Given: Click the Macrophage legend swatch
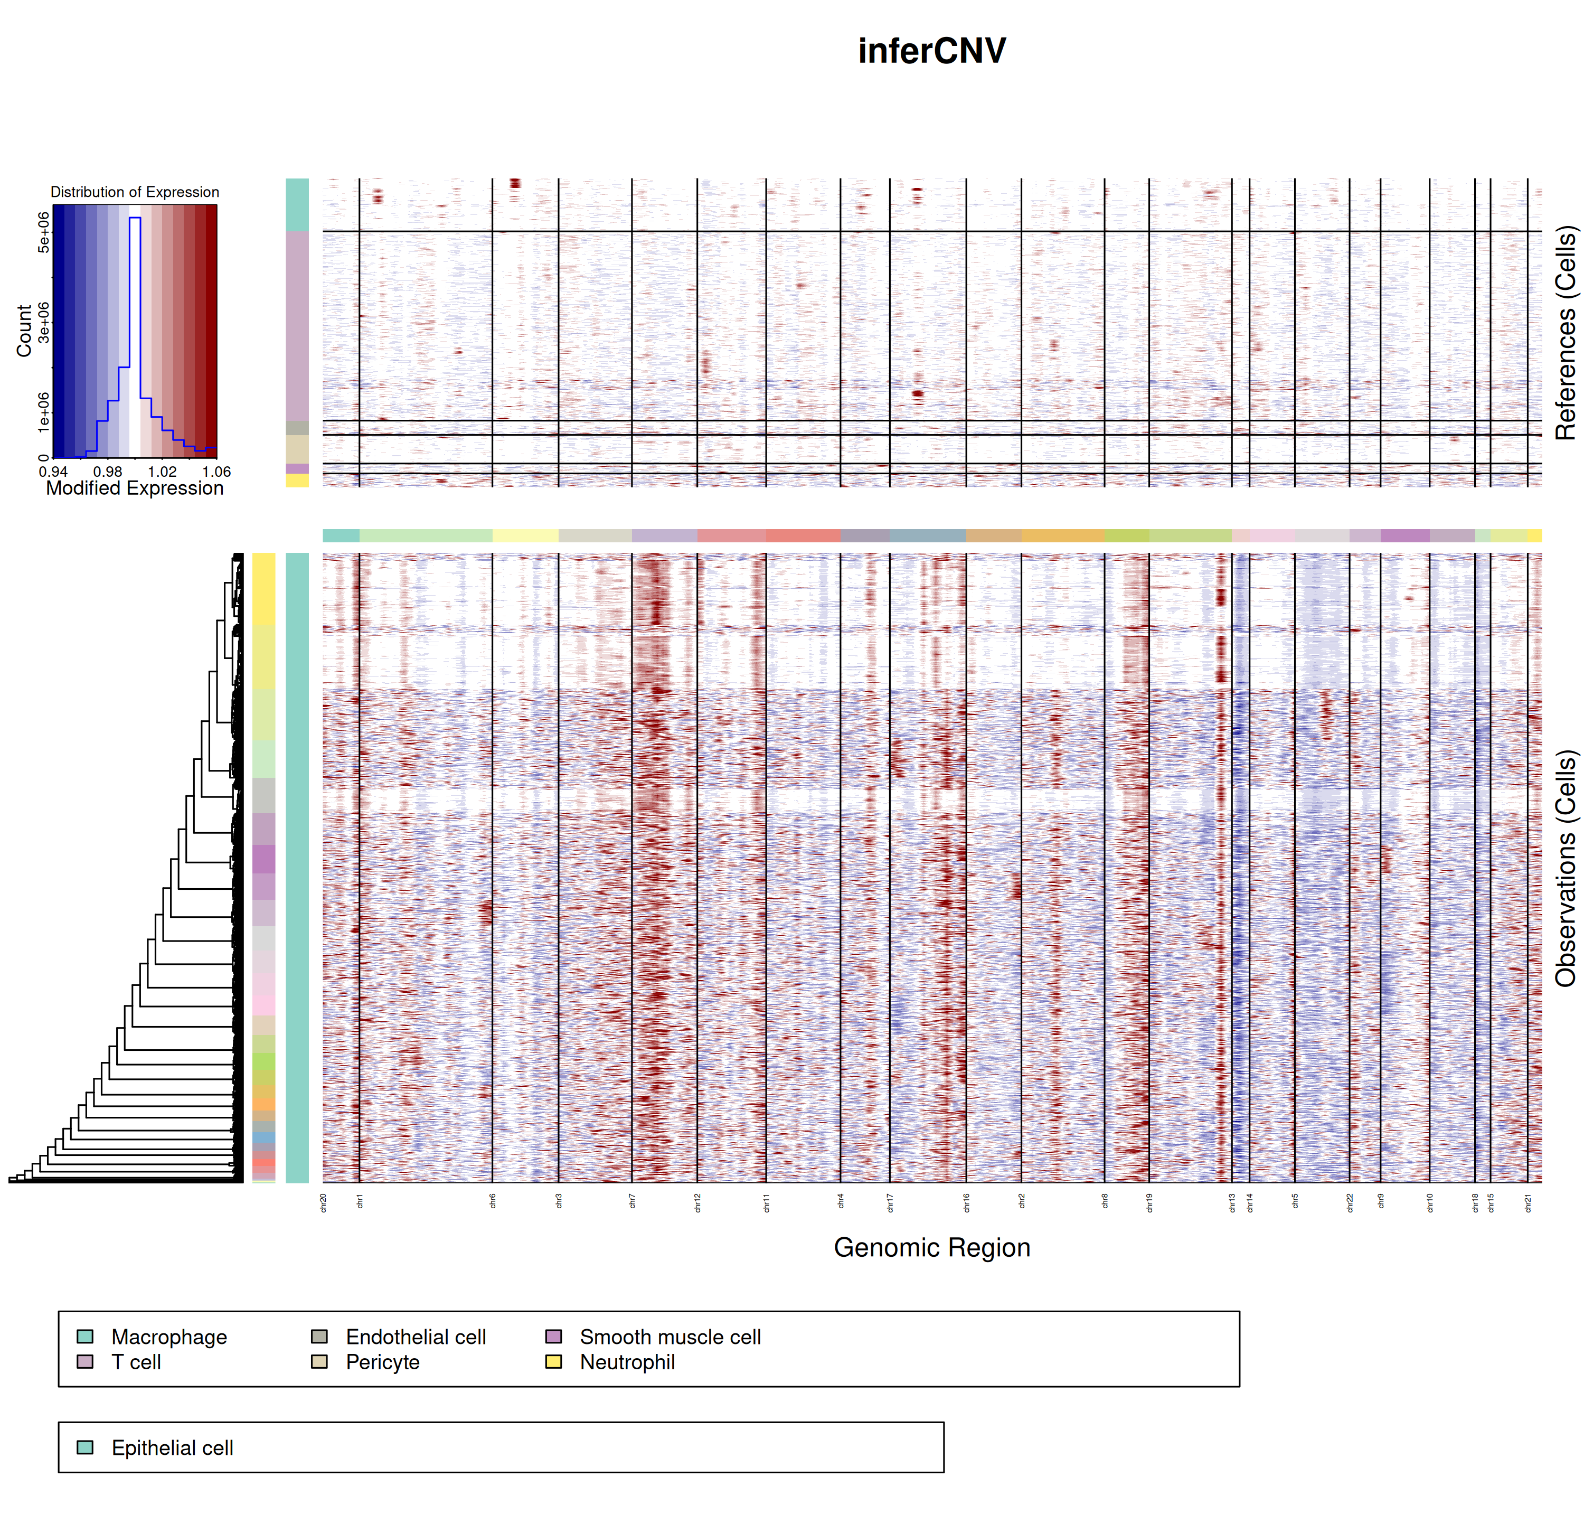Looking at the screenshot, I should (x=85, y=1337).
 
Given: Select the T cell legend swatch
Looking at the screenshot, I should (x=85, y=1361).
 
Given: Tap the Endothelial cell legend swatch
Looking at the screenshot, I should (x=319, y=1337).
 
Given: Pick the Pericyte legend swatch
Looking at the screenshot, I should (x=319, y=1361).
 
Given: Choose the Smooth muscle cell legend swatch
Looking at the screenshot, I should (x=553, y=1337).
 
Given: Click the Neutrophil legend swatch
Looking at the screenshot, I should (x=553, y=1361).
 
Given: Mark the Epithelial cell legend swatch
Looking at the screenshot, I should (x=85, y=1447).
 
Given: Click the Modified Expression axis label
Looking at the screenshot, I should (x=134, y=488).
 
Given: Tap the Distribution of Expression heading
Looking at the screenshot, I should (x=134, y=192).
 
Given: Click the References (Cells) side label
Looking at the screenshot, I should (x=1566, y=333).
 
